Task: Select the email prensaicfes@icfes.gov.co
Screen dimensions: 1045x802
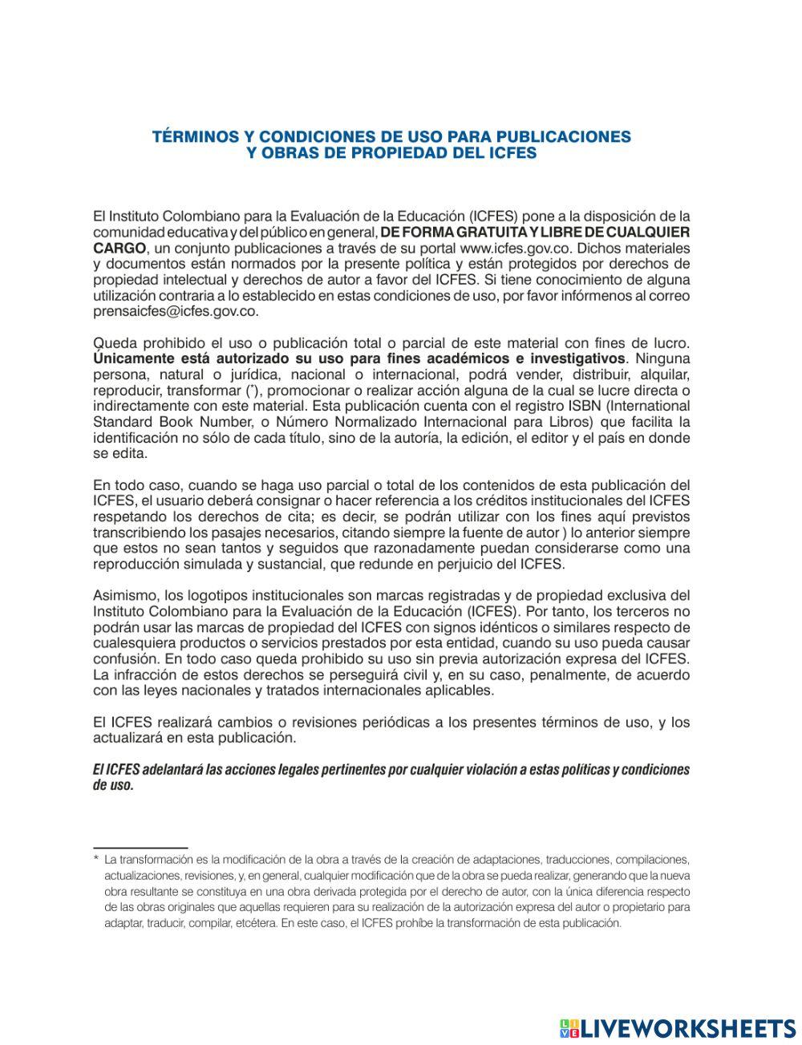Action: coord(175,311)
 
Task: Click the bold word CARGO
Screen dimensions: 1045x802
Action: coord(119,248)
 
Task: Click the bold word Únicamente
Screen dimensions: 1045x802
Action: coord(128,358)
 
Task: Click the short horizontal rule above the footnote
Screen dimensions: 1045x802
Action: coord(140,847)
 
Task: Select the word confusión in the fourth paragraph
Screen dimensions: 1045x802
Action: coord(125,659)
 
